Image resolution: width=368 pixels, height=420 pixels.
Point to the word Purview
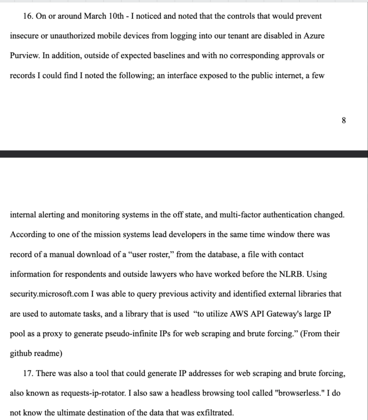coord(24,56)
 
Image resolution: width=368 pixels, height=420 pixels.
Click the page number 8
coord(344,120)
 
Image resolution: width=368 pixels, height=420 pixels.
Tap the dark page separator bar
coord(184,154)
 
